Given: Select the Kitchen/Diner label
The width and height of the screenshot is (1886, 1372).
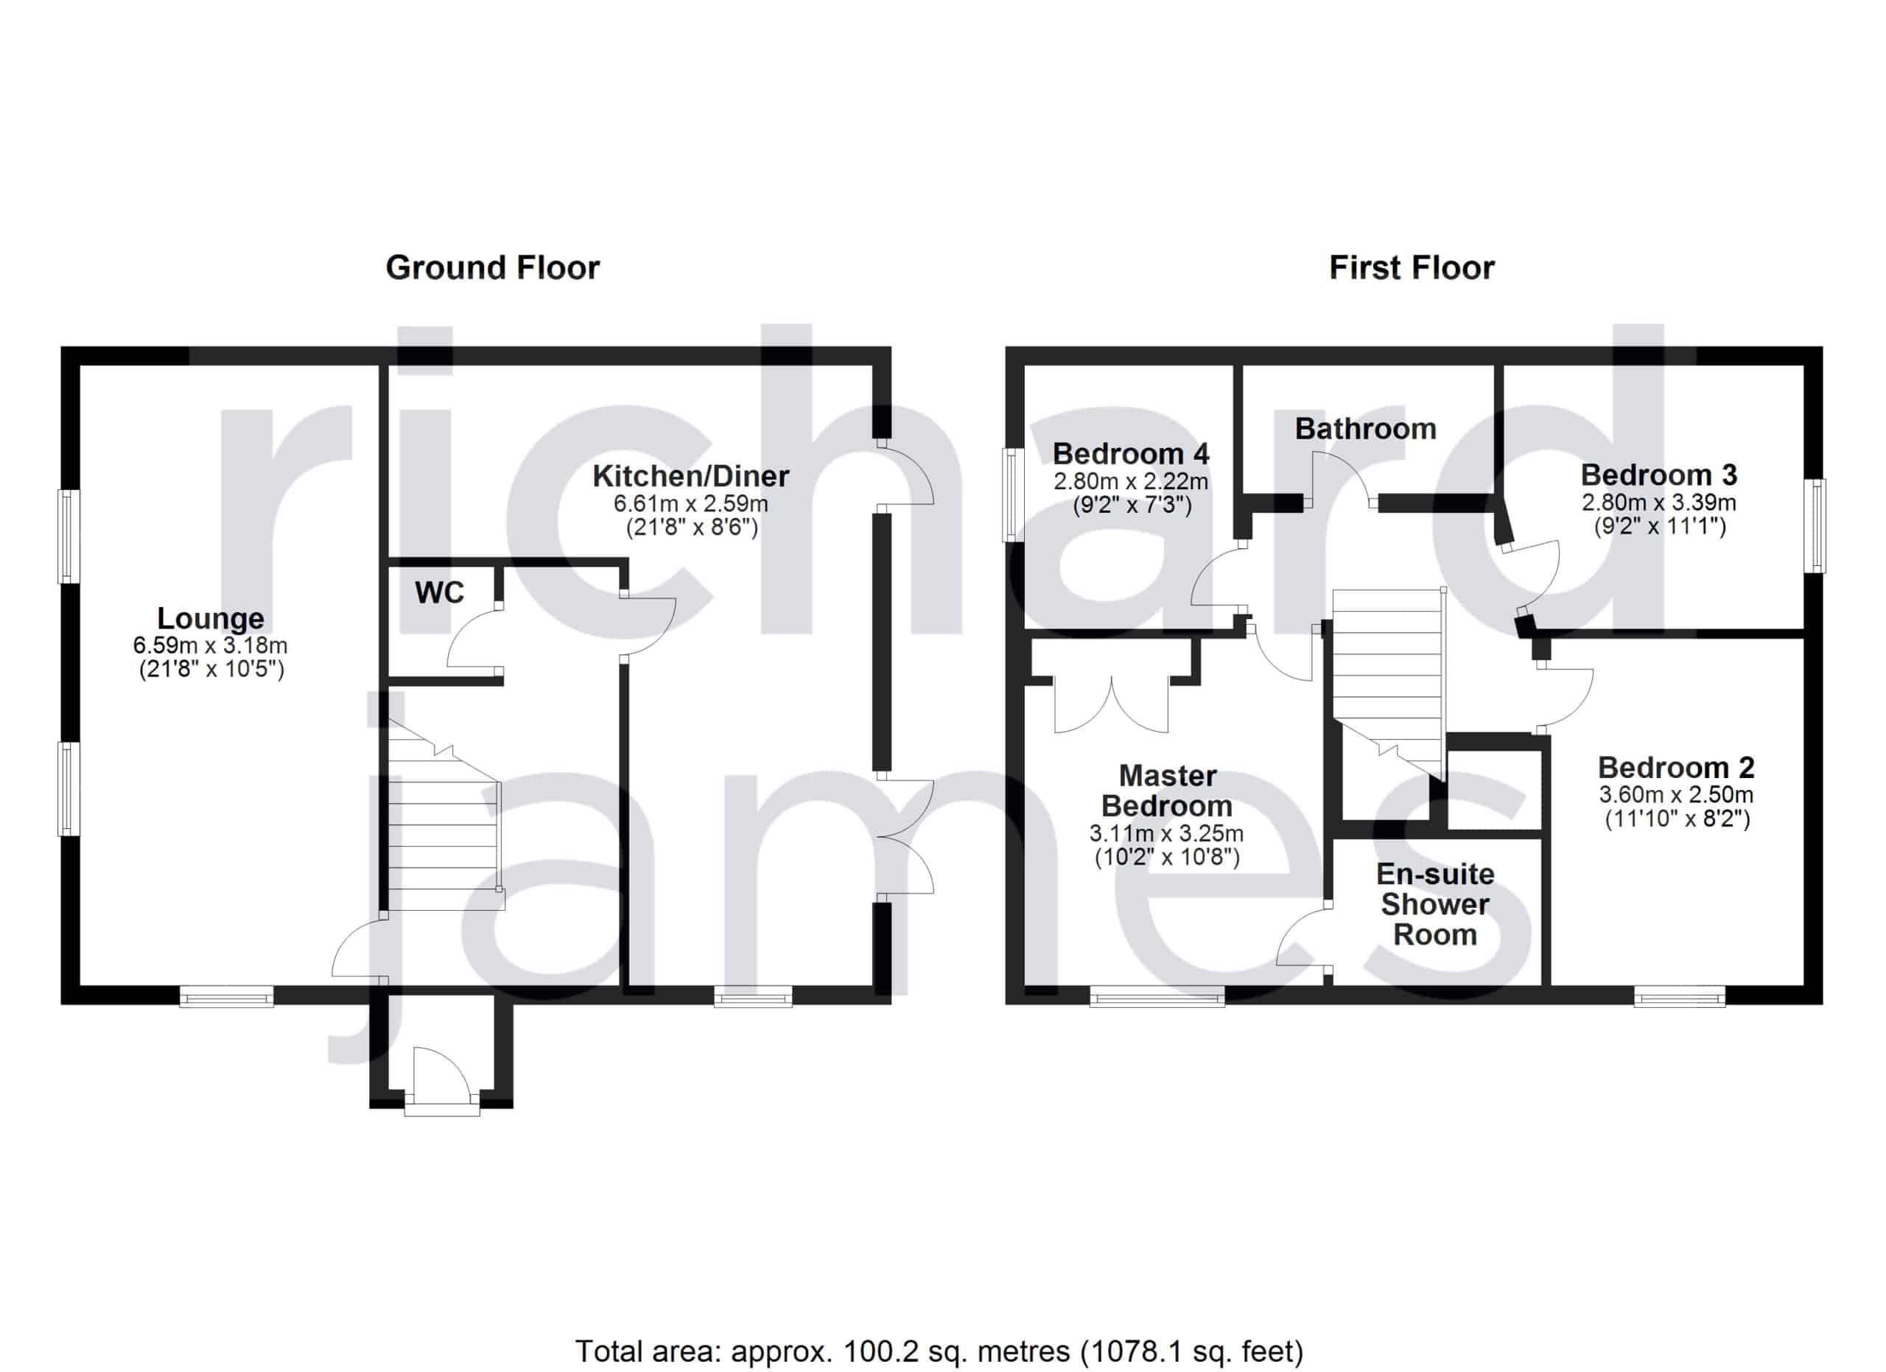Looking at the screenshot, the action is [x=691, y=477].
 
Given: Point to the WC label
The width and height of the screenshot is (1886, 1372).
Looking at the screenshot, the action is [x=439, y=593].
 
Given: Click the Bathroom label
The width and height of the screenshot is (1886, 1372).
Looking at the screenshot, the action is [x=1365, y=429].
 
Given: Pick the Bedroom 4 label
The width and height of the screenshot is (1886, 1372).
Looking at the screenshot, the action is [x=1131, y=454].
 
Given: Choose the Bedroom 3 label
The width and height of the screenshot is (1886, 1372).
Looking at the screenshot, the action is [x=1658, y=475].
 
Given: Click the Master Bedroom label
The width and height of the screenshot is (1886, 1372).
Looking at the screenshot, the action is [x=1168, y=791].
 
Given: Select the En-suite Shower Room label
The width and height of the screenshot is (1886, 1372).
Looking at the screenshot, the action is [x=1434, y=905].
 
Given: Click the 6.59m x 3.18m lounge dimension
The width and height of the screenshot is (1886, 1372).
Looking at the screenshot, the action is [x=211, y=645].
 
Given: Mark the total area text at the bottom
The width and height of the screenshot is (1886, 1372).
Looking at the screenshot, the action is [x=939, y=1328].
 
